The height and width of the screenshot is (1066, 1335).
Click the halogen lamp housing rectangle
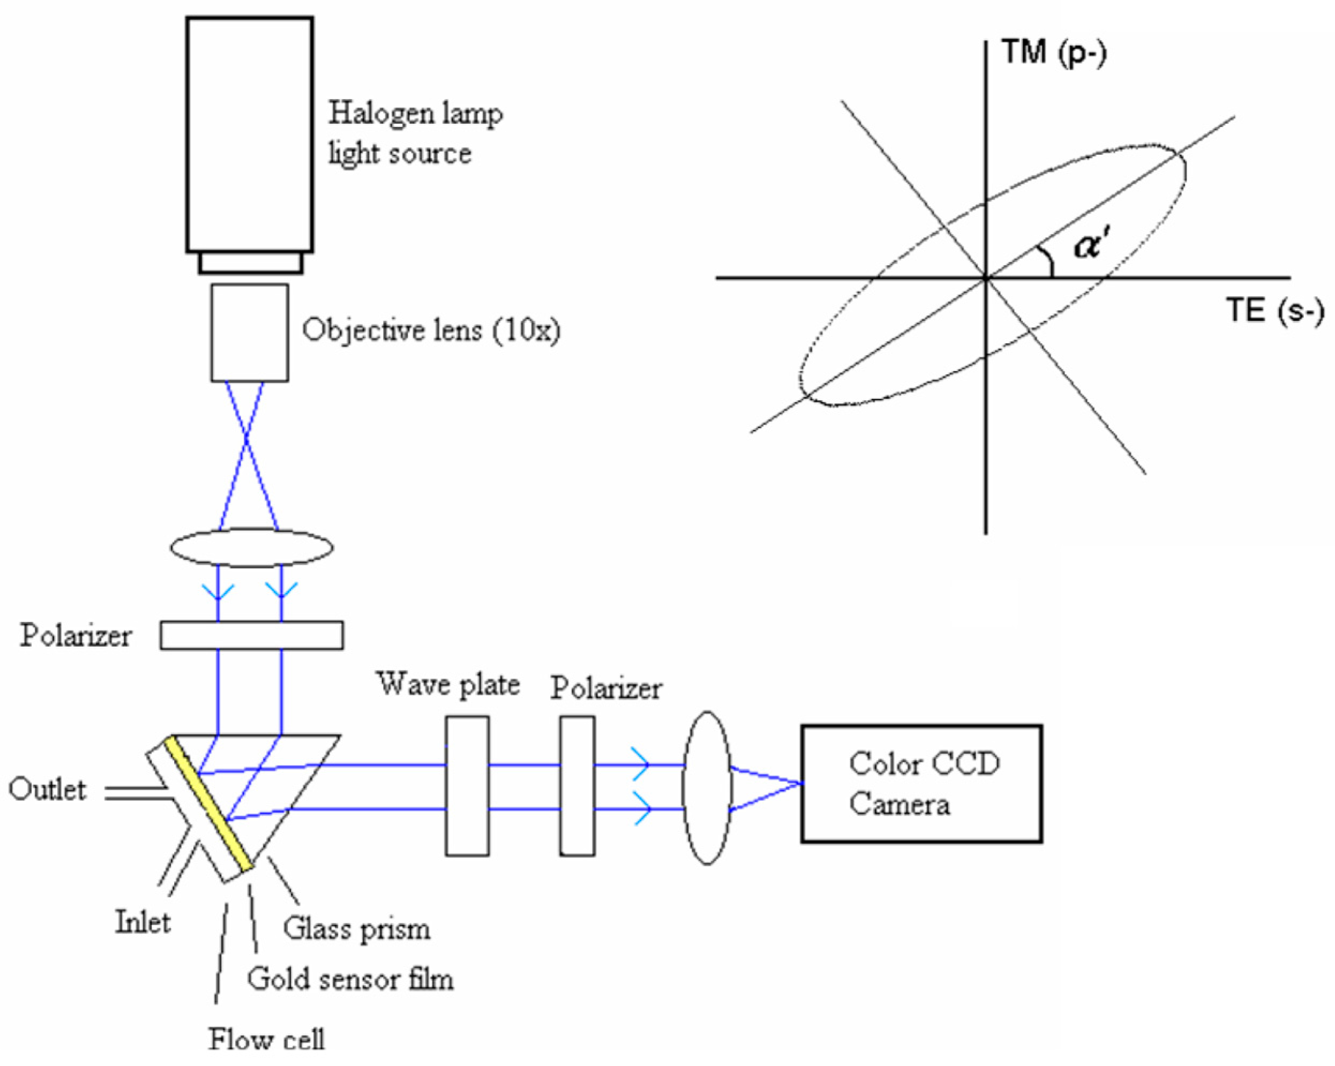coord(250,134)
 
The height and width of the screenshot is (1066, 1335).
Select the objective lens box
coord(250,333)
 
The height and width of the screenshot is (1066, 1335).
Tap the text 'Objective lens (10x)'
coord(431,330)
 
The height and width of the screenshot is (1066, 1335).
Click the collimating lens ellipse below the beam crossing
coord(251,547)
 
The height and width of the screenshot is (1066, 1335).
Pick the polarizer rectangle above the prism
coord(251,635)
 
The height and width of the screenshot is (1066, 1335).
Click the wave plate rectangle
coord(468,786)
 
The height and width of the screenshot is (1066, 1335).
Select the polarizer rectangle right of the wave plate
coord(577,786)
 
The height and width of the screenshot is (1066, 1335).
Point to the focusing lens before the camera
coord(707,787)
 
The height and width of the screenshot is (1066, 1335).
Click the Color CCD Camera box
coord(921,784)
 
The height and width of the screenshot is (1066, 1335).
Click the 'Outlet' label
coord(48,791)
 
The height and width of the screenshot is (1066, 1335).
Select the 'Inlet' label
coord(143,923)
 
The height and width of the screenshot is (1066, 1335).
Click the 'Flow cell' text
coord(266,1039)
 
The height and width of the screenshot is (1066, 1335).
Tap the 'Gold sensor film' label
coord(350,979)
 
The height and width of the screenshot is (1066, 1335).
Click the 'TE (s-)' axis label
coord(1275,310)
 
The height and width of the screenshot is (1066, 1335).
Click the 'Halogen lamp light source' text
coord(415,133)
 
